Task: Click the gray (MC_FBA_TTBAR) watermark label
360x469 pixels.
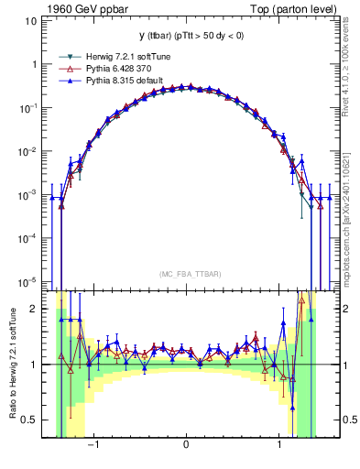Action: [x=186, y=274]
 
